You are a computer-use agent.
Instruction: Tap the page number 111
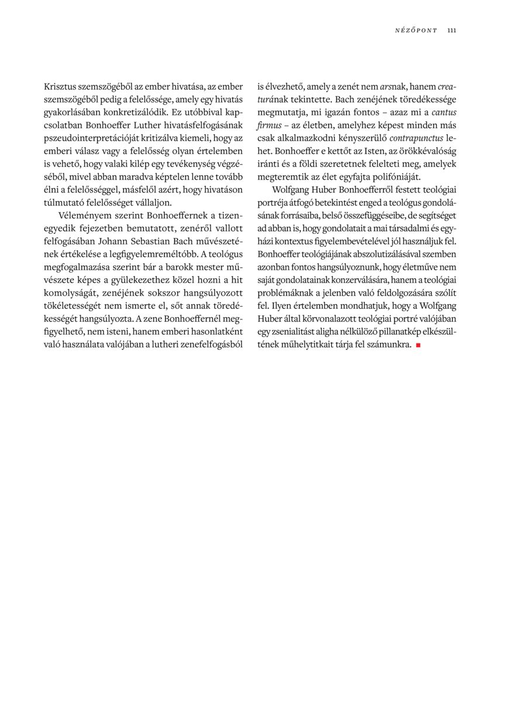[451, 30]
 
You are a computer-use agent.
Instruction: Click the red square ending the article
[418, 346]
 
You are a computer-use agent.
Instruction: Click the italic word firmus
[269, 125]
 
